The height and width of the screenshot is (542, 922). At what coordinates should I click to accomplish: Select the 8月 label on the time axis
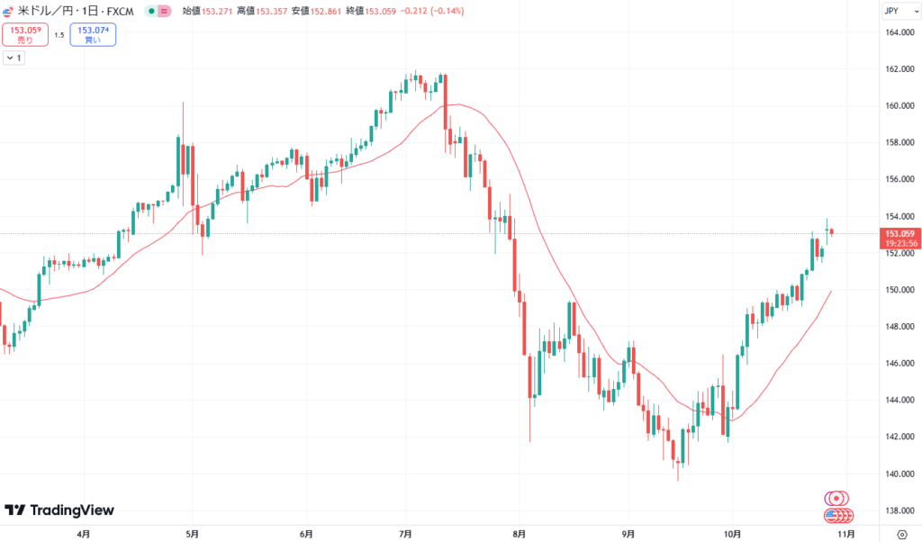[x=518, y=533]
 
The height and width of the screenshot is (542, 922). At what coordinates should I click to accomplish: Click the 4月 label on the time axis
[x=84, y=533]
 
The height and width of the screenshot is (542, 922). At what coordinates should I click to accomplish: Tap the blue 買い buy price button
[x=93, y=35]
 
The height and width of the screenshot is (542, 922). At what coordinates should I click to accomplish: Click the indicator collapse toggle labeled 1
[x=14, y=58]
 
